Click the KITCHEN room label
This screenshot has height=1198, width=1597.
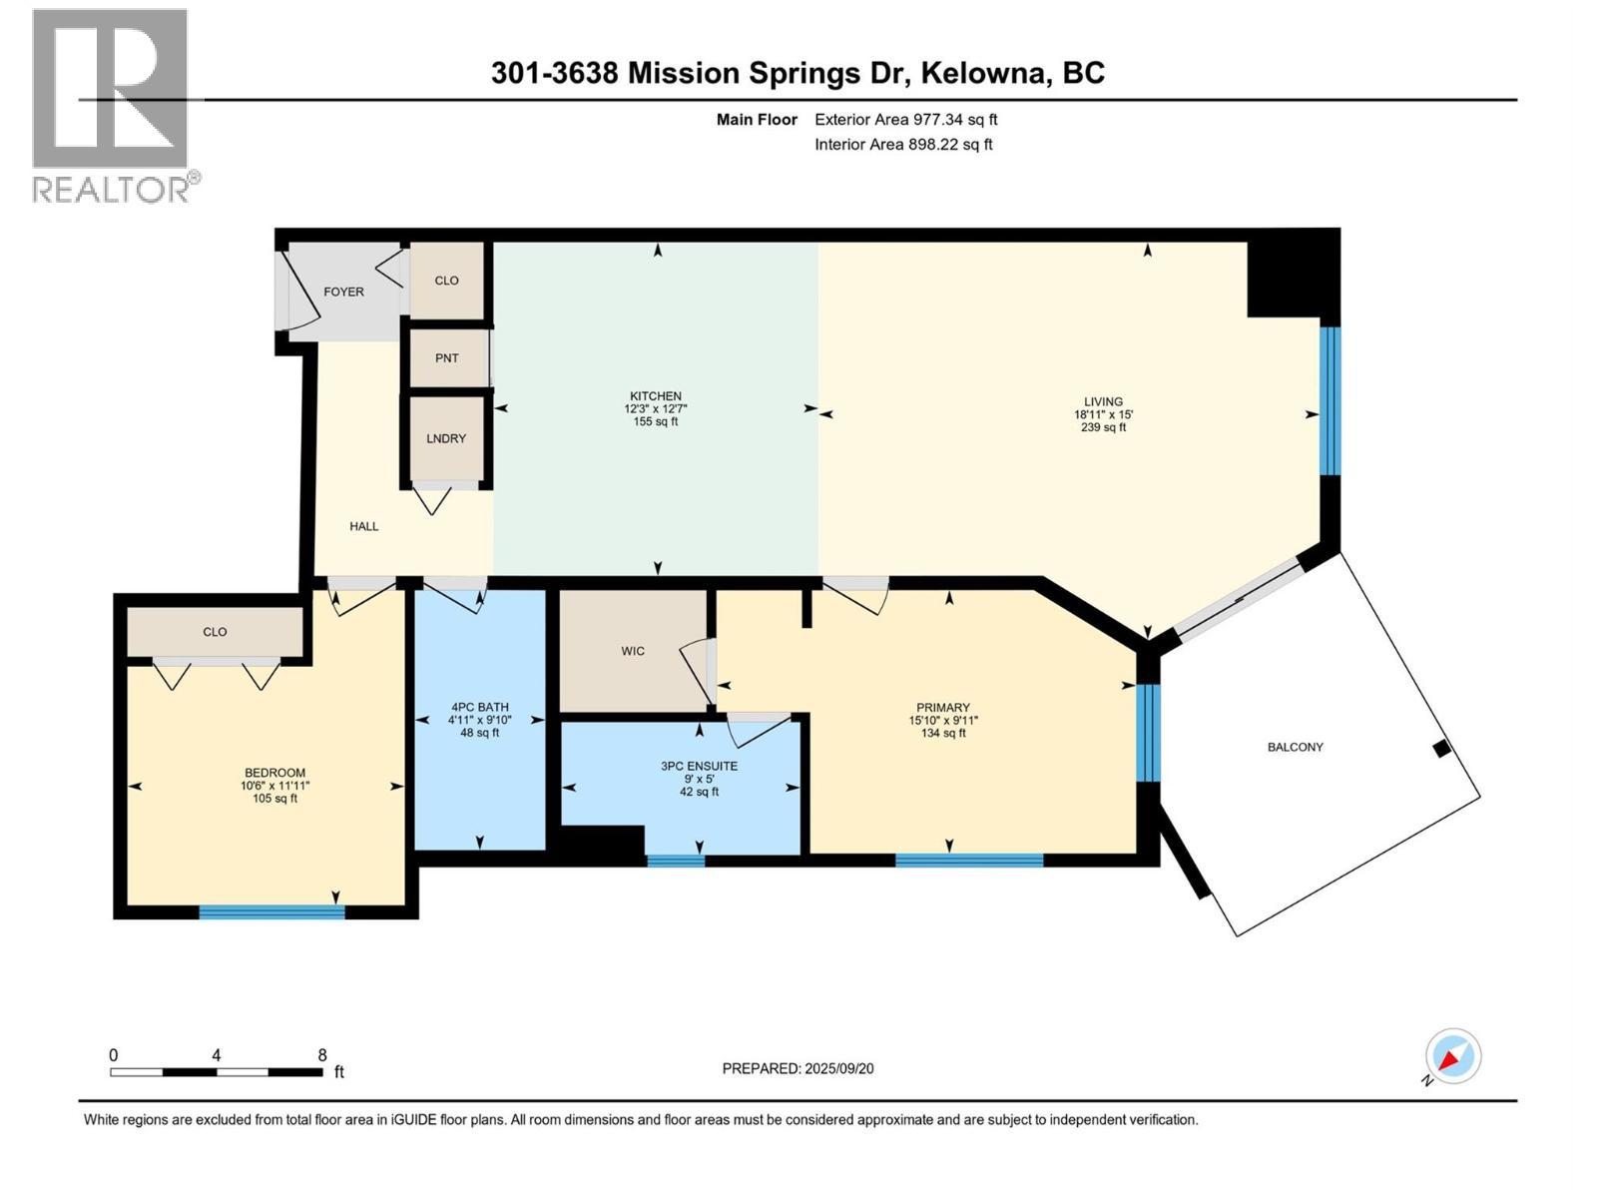point(655,396)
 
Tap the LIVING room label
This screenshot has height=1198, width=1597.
point(1103,402)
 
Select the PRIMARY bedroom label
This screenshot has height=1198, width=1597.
point(942,708)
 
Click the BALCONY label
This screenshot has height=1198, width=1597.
point(1295,747)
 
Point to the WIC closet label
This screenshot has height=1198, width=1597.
point(633,651)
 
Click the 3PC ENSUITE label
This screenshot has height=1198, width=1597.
point(699,767)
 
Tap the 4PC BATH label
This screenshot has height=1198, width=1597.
point(479,708)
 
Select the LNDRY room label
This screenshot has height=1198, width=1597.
point(446,438)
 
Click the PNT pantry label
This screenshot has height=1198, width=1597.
point(447,357)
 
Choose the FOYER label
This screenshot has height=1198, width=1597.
point(343,292)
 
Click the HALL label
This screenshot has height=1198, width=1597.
point(363,526)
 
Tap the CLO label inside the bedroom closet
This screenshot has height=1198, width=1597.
point(215,632)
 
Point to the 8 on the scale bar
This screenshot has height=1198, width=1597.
point(321,1055)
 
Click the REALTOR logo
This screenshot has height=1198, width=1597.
point(111,105)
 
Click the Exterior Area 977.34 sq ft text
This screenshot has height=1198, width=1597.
point(905,120)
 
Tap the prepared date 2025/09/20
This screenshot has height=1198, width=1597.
point(838,1068)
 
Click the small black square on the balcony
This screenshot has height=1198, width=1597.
point(1440,749)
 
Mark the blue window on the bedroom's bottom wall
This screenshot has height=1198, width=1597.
point(271,910)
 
